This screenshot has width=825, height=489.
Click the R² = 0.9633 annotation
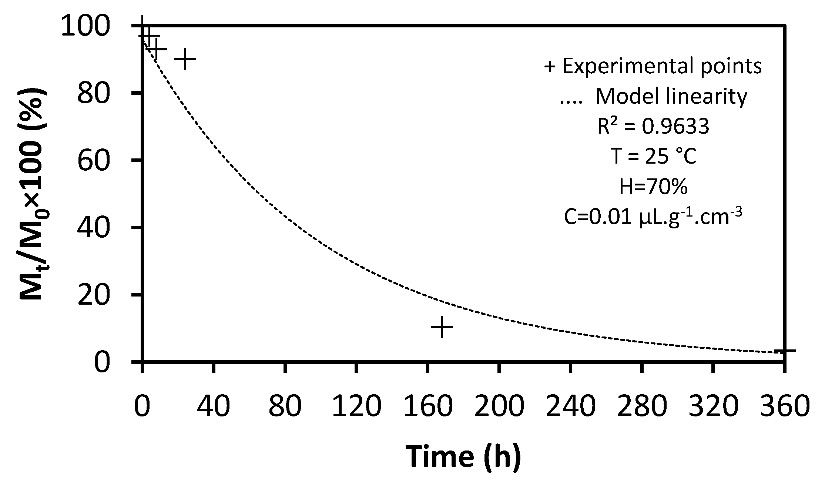tap(653, 126)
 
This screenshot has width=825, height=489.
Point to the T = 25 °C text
tap(653, 157)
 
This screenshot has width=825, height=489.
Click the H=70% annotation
tap(653, 187)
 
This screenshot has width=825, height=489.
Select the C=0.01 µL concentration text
tap(653, 217)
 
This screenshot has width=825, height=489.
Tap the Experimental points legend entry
tap(653, 66)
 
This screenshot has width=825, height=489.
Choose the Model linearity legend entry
tap(653, 96)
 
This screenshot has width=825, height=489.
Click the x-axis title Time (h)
tap(463, 456)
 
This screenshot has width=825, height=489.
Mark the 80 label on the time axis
tap(285, 406)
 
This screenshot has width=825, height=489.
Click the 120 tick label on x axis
tap(356, 406)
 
